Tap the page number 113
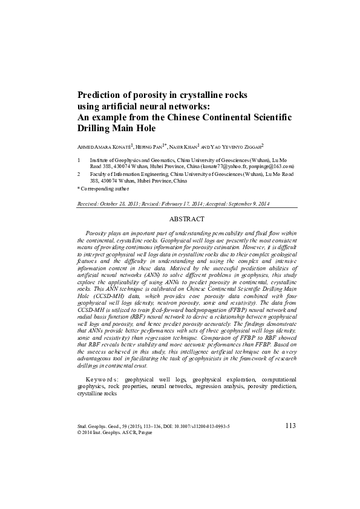(290, 426)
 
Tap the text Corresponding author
(107, 188)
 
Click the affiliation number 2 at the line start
(80, 173)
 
